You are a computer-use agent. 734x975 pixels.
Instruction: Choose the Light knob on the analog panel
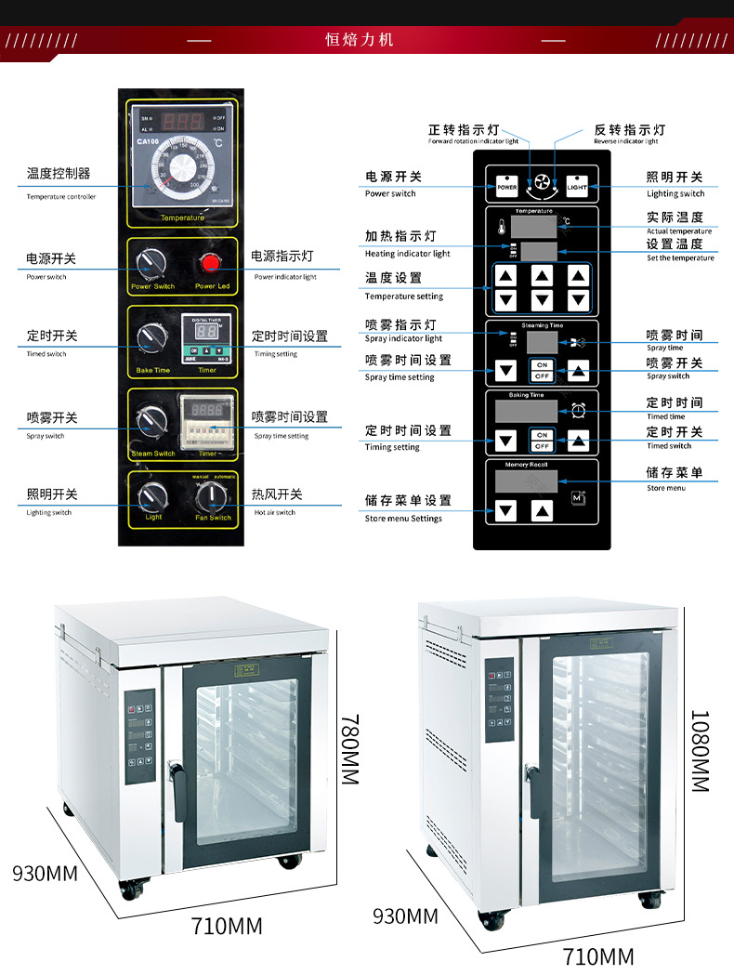[152, 497]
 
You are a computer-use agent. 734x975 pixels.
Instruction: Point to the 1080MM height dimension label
[699, 751]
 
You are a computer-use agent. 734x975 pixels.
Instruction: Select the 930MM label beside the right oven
[405, 916]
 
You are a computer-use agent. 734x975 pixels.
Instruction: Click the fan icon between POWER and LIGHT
[542, 184]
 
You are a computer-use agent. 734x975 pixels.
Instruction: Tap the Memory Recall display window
[526, 481]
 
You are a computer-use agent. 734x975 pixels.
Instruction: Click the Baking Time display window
[526, 411]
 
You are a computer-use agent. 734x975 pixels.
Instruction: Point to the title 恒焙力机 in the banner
[360, 40]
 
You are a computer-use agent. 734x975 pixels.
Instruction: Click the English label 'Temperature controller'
[61, 196]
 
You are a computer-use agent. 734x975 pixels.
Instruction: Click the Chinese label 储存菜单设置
[408, 500]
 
